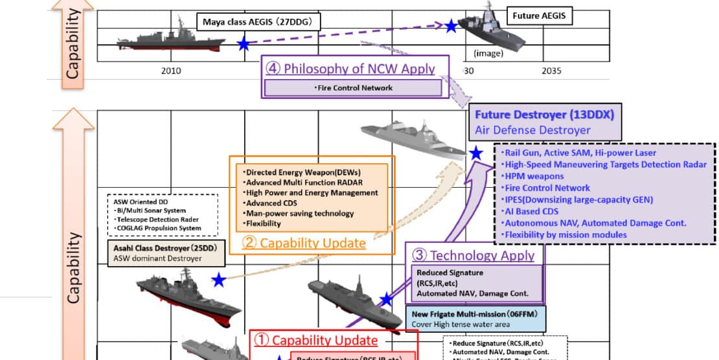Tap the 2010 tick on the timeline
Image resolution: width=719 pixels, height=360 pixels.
click(x=171, y=71)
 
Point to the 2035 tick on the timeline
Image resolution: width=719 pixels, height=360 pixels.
click(x=551, y=71)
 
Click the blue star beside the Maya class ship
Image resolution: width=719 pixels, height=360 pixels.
click(x=244, y=44)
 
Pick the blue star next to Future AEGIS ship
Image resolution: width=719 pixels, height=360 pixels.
click(x=451, y=26)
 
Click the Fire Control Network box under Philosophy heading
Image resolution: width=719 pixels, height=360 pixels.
click(x=353, y=87)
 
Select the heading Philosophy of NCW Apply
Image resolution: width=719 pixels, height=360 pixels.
click(x=356, y=68)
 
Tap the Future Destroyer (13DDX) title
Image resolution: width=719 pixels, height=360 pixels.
click(x=544, y=115)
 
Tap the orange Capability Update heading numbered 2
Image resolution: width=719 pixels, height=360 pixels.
click(x=304, y=243)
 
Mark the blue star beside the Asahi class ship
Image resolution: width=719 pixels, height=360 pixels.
click(x=219, y=280)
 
